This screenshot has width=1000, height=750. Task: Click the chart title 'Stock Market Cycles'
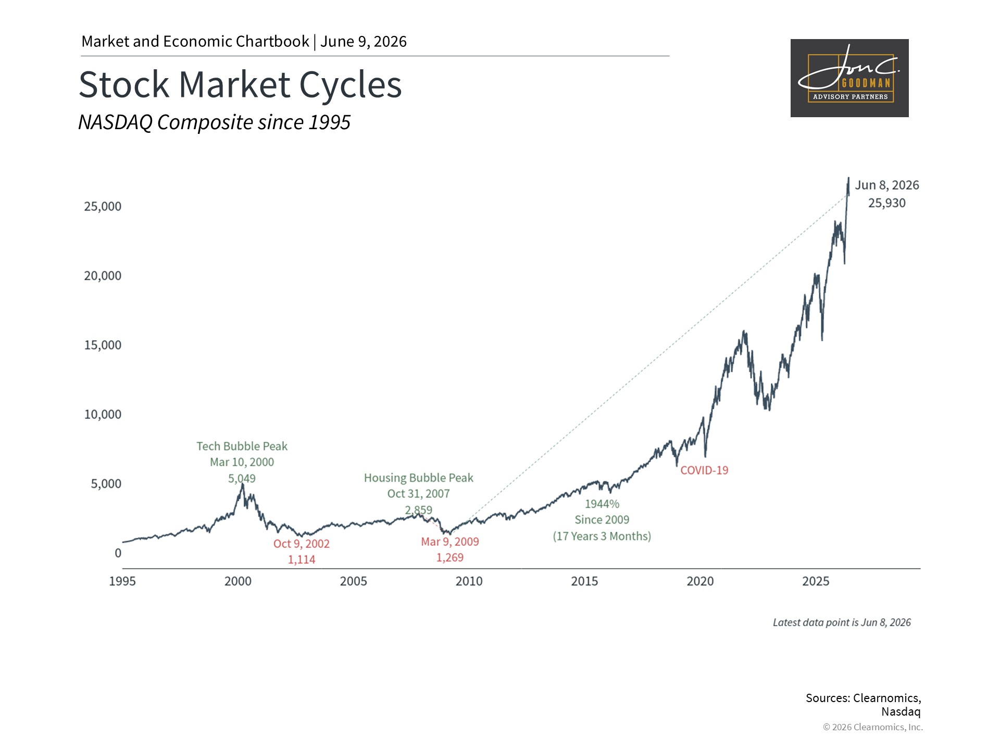(x=240, y=85)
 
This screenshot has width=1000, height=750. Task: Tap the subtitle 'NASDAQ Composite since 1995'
(x=214, y=122)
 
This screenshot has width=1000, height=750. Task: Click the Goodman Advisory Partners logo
(x=849, y=78)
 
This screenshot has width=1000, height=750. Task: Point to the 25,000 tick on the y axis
(x=103, y=206)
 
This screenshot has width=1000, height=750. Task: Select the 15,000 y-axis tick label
(x=103, y=345)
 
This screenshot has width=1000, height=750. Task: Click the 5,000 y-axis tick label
(x=106, y=484)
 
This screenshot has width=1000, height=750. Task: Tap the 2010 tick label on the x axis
(x=469, y=581)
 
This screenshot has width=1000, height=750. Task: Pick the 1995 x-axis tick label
(x=122, y=581)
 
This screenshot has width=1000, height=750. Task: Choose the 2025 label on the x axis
(x=816, y=581)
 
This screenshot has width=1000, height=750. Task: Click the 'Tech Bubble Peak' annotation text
(x=242, y=446)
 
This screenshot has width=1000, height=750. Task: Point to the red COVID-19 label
(x=704, y=470)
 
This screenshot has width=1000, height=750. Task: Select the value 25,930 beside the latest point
(x=886, y=203)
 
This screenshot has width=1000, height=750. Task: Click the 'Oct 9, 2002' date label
(x=302, y=544)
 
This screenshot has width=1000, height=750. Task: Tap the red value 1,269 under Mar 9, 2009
(x=450, y=558)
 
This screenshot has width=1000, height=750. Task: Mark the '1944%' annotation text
(x=602, y=504)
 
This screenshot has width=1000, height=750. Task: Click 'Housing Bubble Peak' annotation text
(x=419, y=478)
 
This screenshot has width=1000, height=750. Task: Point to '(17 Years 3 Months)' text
(x=602, y=536)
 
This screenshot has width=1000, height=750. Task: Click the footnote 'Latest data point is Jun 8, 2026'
(x=842, y=622)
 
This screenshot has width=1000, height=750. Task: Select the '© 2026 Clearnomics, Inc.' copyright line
(x=873, y=727)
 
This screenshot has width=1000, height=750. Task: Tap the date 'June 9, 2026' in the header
(x=364, y=42)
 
